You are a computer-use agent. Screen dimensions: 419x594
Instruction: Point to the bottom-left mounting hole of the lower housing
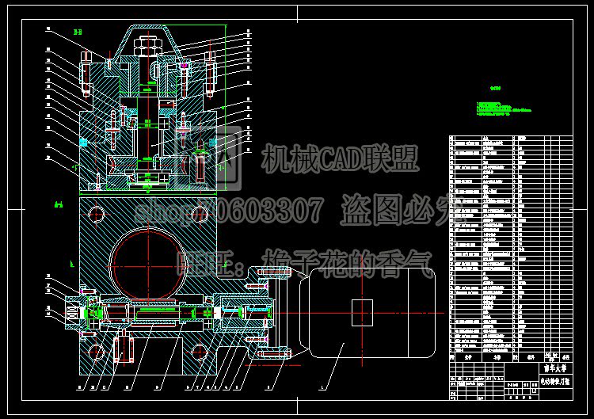[x=96, y=350]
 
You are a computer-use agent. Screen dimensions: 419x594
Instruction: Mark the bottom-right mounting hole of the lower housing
[x=195, y=350]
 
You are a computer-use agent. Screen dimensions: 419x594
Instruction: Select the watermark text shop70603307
[x=230, y=211]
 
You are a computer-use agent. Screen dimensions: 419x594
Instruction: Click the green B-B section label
[x=77, y=32]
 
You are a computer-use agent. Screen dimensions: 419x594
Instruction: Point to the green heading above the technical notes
[x=496, y=89]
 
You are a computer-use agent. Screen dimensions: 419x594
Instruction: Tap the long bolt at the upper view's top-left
[x=85, y=73]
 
